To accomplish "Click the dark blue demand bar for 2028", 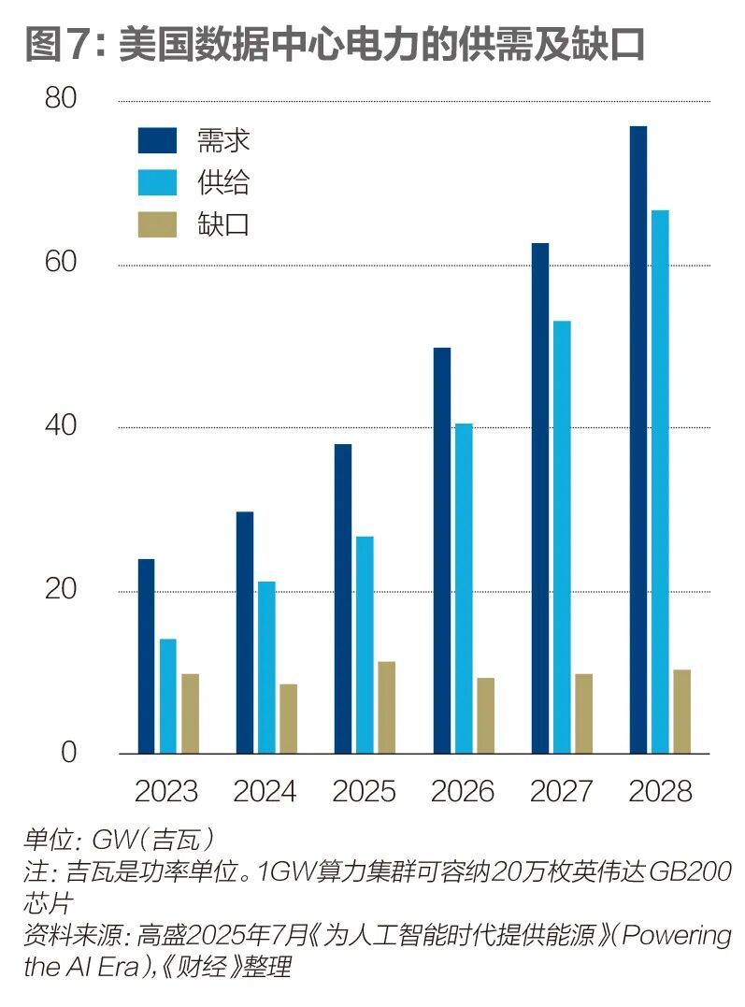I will (638, 439).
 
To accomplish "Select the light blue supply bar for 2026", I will (464, 588).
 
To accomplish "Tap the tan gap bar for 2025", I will (386, 707).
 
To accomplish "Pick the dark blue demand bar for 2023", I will (146, 655).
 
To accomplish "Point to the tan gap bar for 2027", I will (583, 712).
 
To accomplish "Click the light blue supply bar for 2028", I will (660, 482).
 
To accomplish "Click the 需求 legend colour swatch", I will (157, 140).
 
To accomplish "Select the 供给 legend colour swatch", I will (157, 182).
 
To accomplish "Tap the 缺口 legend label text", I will (223, 224).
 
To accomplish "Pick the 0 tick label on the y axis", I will (68, 753).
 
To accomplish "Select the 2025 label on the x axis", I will (364, 792).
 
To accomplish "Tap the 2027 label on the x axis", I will (562, 792).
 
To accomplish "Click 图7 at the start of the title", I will (59, 44).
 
